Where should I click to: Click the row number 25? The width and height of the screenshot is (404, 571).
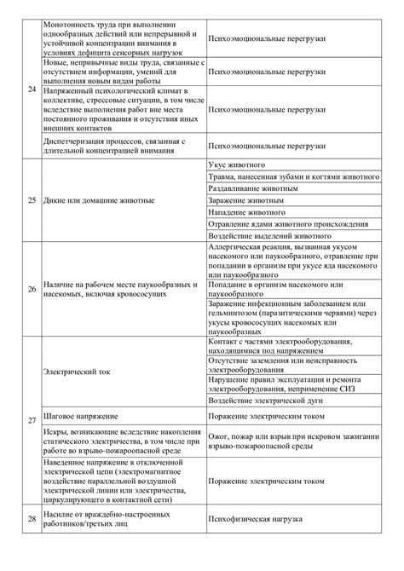32,200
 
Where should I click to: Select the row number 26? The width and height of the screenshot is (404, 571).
32,289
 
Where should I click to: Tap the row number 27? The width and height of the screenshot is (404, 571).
32,422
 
